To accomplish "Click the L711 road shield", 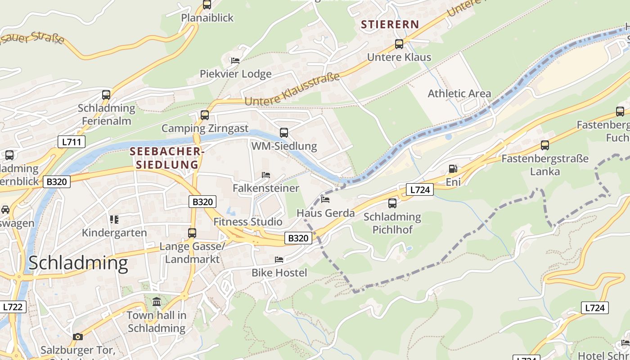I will pos(72,142).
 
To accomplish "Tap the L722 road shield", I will pos(13,307).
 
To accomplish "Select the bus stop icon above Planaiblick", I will pos(207,4).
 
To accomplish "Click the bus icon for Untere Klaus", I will pos(399,44).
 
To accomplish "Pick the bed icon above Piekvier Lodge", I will pos(235,60).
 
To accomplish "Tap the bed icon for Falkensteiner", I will pos(266,175).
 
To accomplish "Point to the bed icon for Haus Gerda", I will pos(326,199).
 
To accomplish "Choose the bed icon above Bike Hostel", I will pos(279,259).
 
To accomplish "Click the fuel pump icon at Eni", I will pos(453,169).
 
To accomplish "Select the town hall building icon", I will pos(157,301).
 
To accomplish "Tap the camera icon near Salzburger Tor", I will pos(78,337).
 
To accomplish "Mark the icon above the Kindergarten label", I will pos(114,219).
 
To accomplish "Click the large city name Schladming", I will pos(78,263).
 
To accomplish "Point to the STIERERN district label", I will pos(390,25).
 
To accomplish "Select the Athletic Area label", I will pos(459,94).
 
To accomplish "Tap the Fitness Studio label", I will pos(248,221).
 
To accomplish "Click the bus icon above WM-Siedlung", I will pos(284,133).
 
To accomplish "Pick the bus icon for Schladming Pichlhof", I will pos(392,203).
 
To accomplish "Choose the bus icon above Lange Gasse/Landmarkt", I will pos(192,233).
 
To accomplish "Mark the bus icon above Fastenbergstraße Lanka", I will pos(545,145).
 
